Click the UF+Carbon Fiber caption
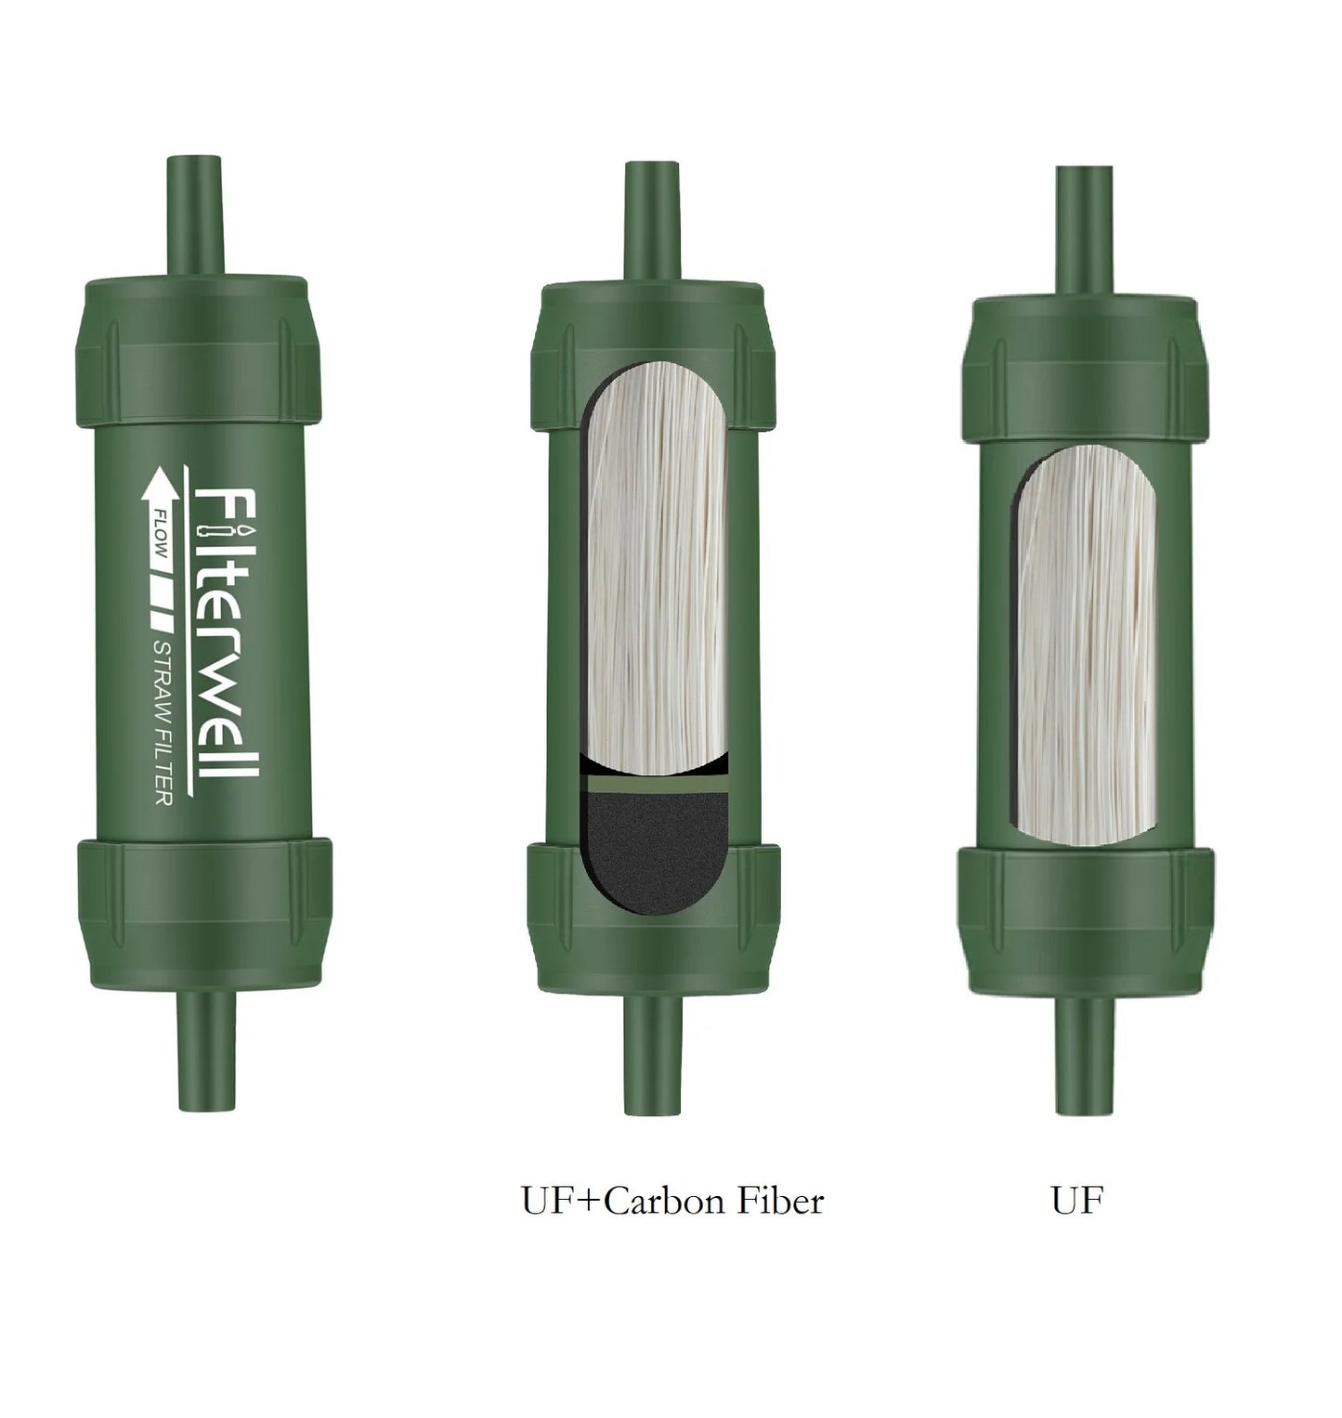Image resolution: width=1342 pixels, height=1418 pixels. click(x=671, y=1202)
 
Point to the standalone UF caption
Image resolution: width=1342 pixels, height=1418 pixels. click(x=1077, y=1202)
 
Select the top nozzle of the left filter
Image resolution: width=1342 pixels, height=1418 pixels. click(x=195, y=215)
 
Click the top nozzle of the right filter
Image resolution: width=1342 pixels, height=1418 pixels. click(x=1084, y=232)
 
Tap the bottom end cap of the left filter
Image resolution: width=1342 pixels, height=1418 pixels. click(x=204, y=910)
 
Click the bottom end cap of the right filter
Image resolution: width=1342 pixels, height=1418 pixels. click(x=1084, y=919)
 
